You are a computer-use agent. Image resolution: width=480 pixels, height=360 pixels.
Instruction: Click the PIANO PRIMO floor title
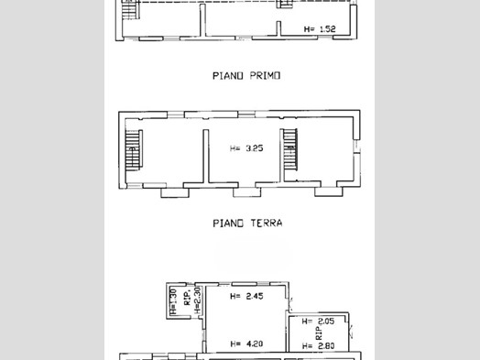246,76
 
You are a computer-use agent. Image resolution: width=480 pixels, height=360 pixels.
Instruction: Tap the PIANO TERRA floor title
247,223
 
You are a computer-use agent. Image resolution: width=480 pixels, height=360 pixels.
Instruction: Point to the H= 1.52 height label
320,29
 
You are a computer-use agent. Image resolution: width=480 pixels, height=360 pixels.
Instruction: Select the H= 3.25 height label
246,148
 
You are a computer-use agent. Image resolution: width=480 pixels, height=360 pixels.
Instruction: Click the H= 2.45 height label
246,296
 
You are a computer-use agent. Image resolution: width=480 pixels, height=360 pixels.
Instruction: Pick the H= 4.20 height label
246,344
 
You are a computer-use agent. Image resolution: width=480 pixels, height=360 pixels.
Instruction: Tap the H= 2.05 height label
318,322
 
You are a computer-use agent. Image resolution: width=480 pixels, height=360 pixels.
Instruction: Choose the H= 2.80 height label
318,346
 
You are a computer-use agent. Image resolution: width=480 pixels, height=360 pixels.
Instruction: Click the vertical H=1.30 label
173,301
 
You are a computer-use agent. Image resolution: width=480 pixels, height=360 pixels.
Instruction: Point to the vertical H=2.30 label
198,300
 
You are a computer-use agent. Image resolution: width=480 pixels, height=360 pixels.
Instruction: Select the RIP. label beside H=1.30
188,298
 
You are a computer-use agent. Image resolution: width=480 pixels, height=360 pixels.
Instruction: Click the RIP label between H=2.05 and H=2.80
319,333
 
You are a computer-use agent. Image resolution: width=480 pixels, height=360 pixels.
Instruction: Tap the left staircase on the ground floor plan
134,150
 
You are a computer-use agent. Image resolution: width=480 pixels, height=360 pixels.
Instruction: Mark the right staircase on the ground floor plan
289,149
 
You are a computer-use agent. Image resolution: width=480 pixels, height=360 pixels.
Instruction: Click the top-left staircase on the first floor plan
130,9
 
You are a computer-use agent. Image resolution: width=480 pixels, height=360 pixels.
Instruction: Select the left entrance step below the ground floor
175,193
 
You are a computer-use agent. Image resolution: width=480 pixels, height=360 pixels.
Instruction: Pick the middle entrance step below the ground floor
247,192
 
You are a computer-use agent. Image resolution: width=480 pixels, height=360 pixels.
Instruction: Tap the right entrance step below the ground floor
329,191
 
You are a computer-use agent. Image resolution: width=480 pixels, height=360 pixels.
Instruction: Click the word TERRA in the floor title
267,223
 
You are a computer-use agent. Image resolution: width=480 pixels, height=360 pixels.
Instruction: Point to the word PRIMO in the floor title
265,76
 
